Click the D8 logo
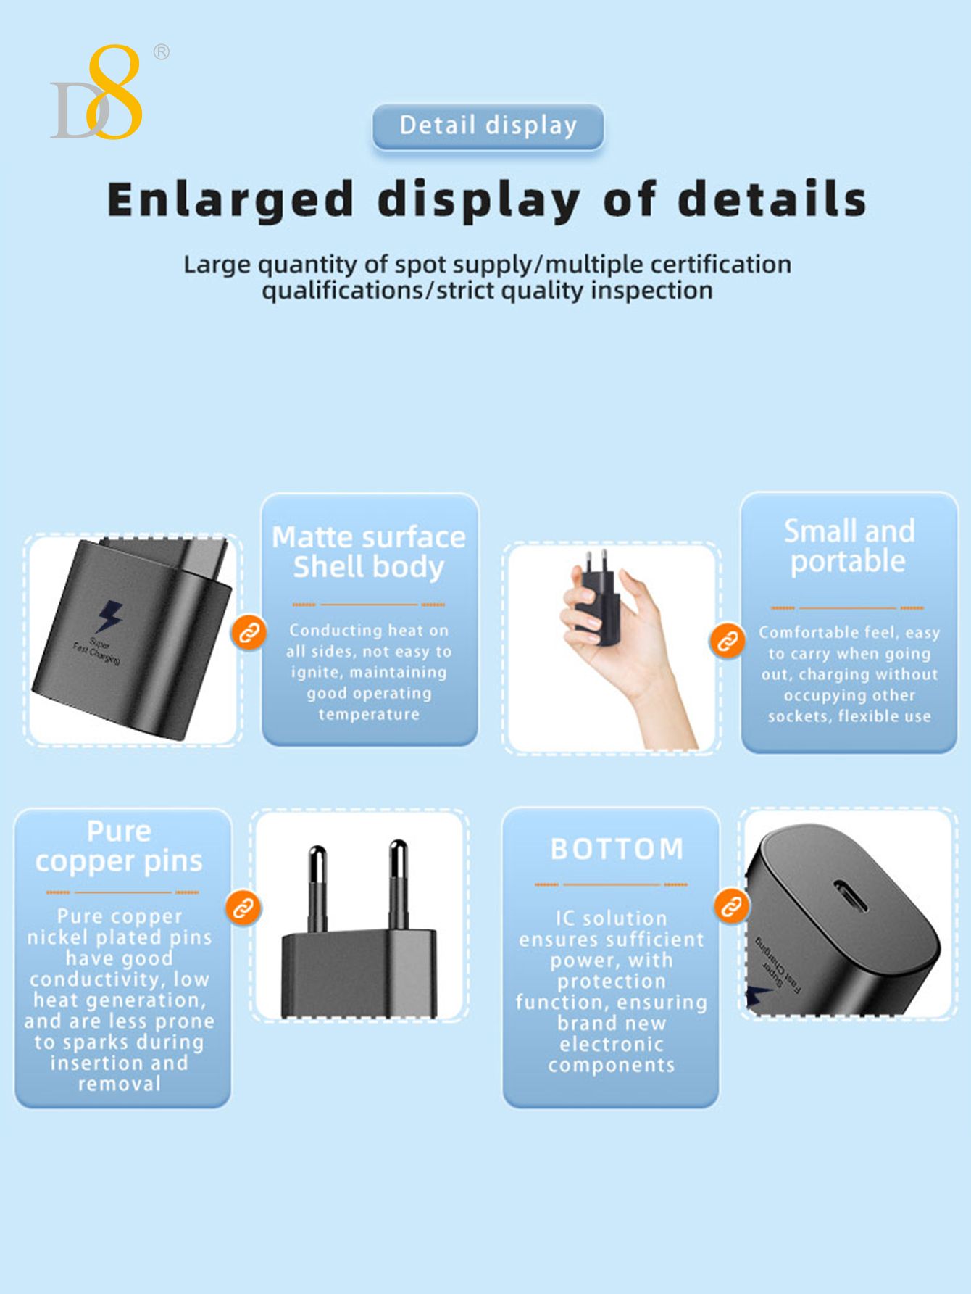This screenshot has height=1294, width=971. click(x=96, y=93)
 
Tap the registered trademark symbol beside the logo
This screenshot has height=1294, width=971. click(x=162, y=51)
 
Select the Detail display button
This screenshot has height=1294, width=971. click(x=488, y=126)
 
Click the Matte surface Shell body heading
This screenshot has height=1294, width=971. click(x=369, y=552)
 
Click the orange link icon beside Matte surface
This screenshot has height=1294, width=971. click(x=249, y=633)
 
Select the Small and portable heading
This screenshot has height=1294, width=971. click(x=849, y=546)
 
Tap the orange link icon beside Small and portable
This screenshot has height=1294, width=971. click(x=727, y=641)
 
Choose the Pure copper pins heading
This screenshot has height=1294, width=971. click(x=119, y=847)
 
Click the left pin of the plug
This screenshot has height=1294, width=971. click(x=317, y=888)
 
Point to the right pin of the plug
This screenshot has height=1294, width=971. click(x=398, y=884)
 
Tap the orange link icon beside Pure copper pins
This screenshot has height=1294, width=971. click(x=242, y=908)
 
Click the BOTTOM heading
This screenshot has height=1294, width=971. click(x=617, y=849)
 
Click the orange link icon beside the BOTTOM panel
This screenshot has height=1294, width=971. click(x=731, y=906)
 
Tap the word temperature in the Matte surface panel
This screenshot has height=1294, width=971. click(x=369, y=714)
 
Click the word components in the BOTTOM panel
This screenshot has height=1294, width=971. click(x=611, y=1066)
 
